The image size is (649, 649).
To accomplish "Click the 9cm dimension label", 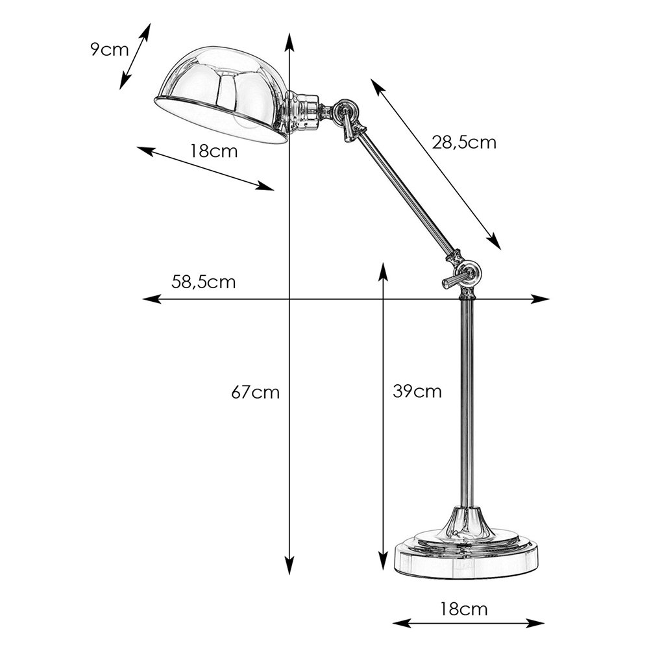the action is click(x=110, y=50).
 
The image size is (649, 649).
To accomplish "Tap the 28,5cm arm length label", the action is click(x=464, y=142).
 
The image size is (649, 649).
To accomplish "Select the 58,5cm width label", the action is click(x=204, y=282).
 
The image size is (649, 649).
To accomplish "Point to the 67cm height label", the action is click(x=255, y=392).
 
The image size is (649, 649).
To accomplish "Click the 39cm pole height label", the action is click(x=417, y=391).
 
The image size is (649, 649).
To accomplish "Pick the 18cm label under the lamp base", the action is click(x=463, y=609).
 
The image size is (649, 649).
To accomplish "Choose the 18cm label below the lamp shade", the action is click(x=214, y=151).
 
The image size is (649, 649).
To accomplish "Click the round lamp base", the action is click(x=467, y=555).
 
